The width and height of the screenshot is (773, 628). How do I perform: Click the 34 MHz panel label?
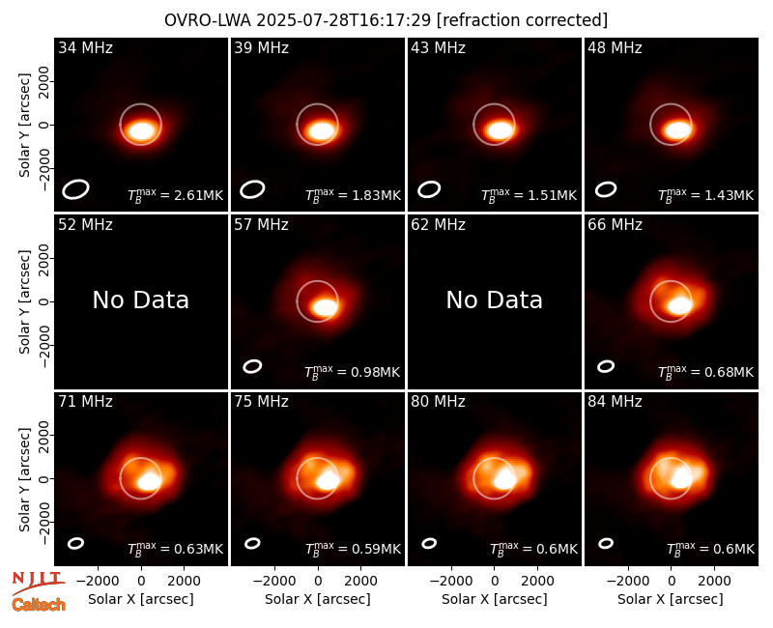(x=85, y=47)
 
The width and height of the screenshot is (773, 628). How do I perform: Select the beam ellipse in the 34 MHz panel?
(x=75, y=189)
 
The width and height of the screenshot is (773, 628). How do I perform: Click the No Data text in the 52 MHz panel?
(x=141, y=300)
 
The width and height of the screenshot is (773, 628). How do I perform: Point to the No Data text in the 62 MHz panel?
(x=495, y=300)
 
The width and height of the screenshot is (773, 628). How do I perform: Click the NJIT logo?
(x=39, y=583)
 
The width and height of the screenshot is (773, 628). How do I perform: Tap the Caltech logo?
(x=39, y=605)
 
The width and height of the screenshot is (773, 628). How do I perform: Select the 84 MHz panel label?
(x=615, y=402)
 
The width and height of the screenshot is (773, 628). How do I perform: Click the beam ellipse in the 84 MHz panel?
(x=606, y=543)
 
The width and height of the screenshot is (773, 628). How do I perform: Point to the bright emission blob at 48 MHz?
(x=677, y=130)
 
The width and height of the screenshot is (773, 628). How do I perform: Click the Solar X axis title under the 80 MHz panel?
(x=495, y=599)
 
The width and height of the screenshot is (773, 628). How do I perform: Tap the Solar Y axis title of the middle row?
(x=24, y=301)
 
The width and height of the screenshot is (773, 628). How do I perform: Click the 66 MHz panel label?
(x=615, y=225)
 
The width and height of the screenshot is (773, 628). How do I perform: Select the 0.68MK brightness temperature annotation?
(x=706, y=372)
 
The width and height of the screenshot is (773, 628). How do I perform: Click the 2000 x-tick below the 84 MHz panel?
(x=714, y=582)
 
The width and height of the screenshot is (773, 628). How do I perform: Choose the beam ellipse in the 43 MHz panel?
(x=429, y=189)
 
